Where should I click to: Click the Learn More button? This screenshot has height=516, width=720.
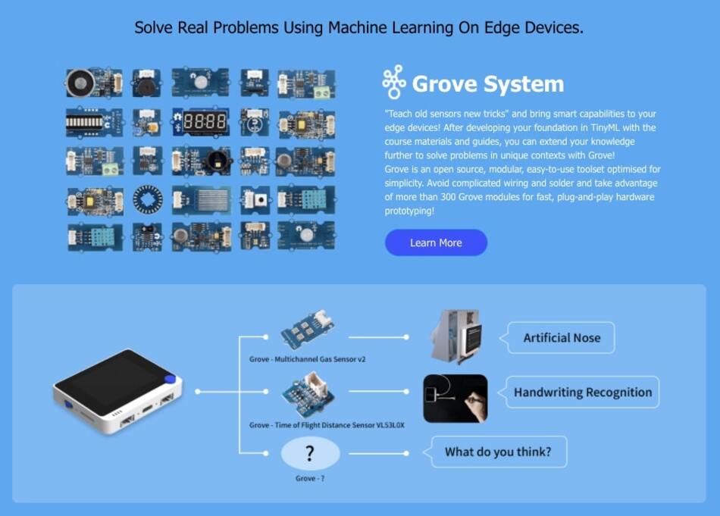pyautogui.click(x=436, y=242)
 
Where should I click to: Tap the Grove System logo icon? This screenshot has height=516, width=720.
pyautogui.click(x=393, y=82)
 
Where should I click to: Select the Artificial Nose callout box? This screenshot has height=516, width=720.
pyautogui.click(x=561, y=337)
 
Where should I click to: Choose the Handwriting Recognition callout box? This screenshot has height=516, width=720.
pyautogui.click(x=582, y=392)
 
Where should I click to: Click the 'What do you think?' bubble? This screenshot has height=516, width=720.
pyautogui.click(x=497, y=452)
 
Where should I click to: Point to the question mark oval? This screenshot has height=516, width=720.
pyautogui.click(x=311, y=453)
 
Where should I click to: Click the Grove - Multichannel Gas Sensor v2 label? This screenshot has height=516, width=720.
pyautogui.click(x=307, y=359)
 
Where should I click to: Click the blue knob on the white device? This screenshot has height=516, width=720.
pyautogui.click(x=170, y=379)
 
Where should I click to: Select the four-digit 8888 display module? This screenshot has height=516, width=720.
pyautogui.click(x=201, y=122)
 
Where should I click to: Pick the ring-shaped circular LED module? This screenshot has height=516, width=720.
pyautogui.click(x=147, y=199)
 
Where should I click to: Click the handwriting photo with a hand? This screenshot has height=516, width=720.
pyautogui.click(x=455, y=399)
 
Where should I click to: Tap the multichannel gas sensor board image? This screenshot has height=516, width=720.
pyautogui.click(x=307, y=330)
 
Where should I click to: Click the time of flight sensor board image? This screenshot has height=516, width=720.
pyautogui.click(x=308, y=395)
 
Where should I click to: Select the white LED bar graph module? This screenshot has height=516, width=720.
pyautogui.click(x=95, y=122)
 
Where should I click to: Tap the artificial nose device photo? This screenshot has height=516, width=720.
pyautogui.click(x=456, y=336)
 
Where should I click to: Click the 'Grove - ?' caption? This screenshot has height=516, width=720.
pyautogui.click(x=310, y=478)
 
